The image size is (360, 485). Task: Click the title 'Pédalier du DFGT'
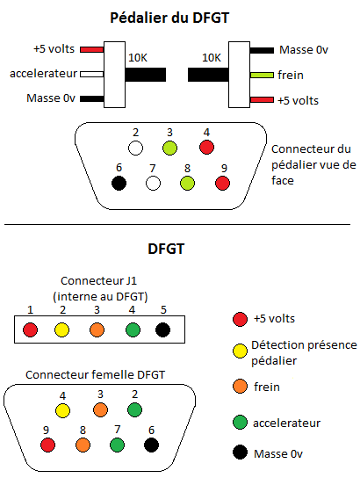coord(169,18)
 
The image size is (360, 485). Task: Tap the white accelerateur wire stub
coord(92,74)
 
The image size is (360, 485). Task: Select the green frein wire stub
coord(262,75)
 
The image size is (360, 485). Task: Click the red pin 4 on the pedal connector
coord(206,148)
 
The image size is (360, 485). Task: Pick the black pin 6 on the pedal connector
coord(119,183)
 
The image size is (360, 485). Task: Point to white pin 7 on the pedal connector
coord(154,183)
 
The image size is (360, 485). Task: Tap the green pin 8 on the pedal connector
coord(187,183)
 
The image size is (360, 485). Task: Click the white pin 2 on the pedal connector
coord(135,148)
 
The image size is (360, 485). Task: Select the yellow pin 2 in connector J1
coord(61,329)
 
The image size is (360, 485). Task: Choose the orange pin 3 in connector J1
coord(97,329)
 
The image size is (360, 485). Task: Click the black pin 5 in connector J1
coord(162,329)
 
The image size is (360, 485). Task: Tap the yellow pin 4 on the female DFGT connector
coord(62,411)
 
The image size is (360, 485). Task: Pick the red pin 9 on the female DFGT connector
coord(48,445)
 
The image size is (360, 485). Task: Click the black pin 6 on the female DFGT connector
coord(151,445)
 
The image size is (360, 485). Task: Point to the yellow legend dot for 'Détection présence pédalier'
coord(240,351)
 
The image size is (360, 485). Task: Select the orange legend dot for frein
coord(240,387)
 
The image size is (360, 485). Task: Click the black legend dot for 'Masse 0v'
coord(240,452)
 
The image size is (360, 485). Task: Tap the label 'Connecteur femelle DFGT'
coord(95,375)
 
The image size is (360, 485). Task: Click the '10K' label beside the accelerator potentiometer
coord(138,58)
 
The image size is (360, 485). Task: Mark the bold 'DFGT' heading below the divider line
coord(166,249)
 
